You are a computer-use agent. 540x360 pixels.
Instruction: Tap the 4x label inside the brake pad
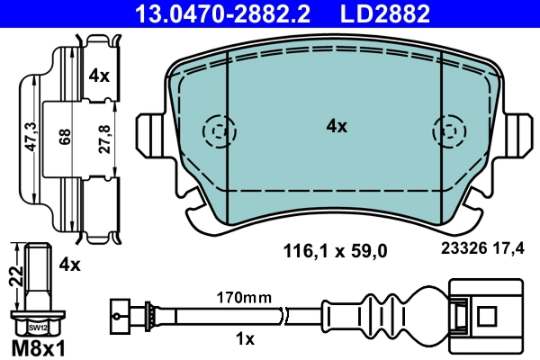tap(336, 127)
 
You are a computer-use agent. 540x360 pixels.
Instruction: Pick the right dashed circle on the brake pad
tap(447, 132)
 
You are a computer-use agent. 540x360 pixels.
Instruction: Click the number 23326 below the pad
tap(463, 253)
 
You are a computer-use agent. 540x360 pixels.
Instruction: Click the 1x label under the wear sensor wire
tap(244, 338)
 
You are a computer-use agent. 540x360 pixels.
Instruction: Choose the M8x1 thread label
tap(37, 346)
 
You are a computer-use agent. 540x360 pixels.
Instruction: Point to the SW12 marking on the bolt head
tap(36, 328)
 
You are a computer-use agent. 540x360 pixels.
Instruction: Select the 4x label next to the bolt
tap(68, 265)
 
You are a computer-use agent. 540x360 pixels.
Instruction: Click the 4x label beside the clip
tap(99, 77)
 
